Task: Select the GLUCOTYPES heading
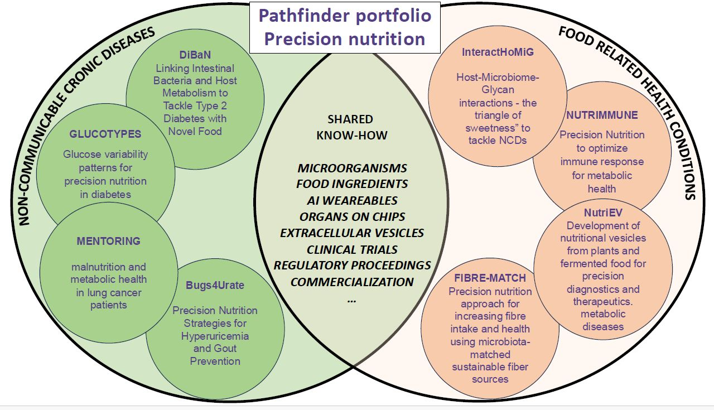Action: [105, 134]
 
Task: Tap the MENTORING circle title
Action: [109, 242]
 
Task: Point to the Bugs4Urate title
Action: [215, 286]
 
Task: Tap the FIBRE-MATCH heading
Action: [490, 277]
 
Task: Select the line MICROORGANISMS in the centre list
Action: [352, 168]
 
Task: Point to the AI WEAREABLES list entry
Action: [352, 200]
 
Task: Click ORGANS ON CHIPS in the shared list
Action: [352, 216]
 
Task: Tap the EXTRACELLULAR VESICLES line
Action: [352, 233]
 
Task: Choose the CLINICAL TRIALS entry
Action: [352, 249]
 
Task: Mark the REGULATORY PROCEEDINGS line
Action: [352, 265]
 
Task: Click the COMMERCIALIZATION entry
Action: [352, 282]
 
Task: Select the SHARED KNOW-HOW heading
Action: [350, 127]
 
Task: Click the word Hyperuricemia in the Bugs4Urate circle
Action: [215, 336]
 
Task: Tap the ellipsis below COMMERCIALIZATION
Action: [351, 300]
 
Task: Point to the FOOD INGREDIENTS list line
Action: [352, 184]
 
